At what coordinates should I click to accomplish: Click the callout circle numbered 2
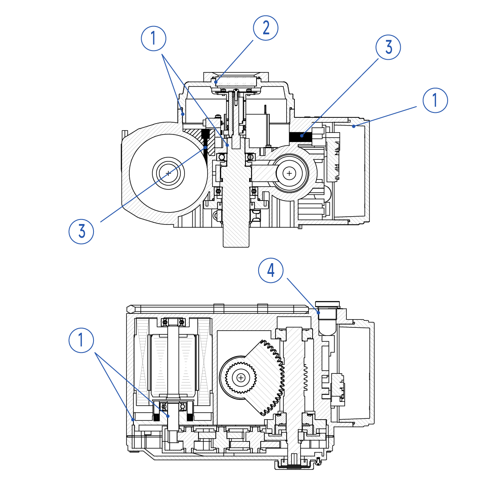[266, 28]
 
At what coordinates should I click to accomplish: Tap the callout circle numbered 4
[271, 271]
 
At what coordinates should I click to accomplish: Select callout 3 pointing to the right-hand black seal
[388, 47]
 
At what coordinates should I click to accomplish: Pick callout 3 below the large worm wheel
[81, 231]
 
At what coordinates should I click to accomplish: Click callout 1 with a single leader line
[435, 100]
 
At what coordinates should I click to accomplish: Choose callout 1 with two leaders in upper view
[154, 39]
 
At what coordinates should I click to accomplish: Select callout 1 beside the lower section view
[81, 340]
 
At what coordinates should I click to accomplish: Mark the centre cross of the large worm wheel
[168, 173]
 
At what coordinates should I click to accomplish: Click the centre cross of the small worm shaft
[290, 173]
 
